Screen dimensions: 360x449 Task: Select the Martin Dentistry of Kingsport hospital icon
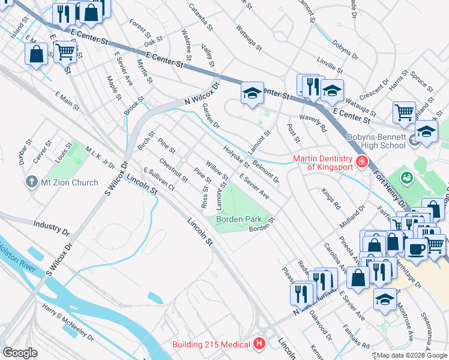[x=361, y=161]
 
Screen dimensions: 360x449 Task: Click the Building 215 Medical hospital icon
[x=259, y=344]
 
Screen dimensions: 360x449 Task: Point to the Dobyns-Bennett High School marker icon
[x=414, y=141]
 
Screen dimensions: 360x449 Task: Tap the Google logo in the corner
[x=20, y=353]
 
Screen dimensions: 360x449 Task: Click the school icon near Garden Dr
[x=253, y=93]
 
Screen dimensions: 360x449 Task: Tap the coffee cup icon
[x=415, y=247]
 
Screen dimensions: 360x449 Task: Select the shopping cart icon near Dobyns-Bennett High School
[x=404, y=111]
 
